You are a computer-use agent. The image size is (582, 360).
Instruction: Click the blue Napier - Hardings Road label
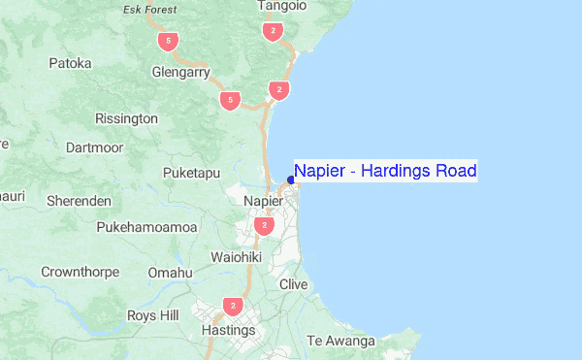tap(385, 172)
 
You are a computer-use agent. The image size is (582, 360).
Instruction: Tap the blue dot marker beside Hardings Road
tap(291, 180)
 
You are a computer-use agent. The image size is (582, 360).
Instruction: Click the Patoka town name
tap(70, 63)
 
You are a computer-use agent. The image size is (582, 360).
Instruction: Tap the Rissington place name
tap(126, 118)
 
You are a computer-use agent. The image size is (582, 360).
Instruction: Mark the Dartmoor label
tap(94, 147)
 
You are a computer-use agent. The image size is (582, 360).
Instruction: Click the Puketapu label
tap(192, 173)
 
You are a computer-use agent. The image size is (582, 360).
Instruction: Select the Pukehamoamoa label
tap(146, 226)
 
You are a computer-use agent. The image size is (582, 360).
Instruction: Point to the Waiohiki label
tap(237, 257)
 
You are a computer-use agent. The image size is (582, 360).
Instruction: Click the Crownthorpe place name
tap(80, 273)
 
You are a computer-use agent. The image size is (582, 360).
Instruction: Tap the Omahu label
tap(170, 273)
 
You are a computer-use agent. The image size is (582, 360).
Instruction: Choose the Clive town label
tap(293, 284)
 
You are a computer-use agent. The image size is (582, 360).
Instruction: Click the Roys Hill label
tap(153, 315)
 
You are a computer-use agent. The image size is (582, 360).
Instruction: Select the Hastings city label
tap(228, 330)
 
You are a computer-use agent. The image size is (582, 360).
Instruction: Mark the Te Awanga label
tap(340, 341)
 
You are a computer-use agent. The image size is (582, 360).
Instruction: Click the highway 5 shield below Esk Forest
tap(170, 41)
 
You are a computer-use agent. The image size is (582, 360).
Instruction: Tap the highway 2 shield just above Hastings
tap(232, 307)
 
